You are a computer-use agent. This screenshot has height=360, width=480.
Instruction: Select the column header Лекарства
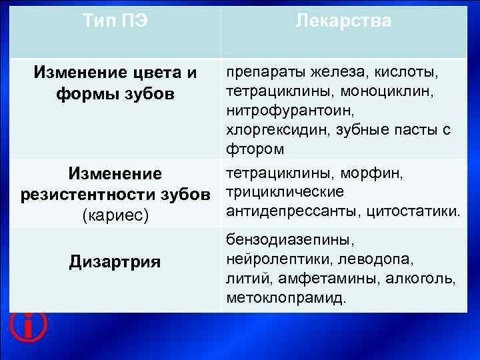coord(343,21)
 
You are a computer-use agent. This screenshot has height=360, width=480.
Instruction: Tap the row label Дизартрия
coord(115,261)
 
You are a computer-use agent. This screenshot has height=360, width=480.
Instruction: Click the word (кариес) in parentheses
coord(115,216)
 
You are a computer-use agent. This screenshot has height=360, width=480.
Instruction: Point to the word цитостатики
coord(417,211)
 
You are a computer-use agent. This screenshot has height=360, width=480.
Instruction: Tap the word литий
coord(244,277)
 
